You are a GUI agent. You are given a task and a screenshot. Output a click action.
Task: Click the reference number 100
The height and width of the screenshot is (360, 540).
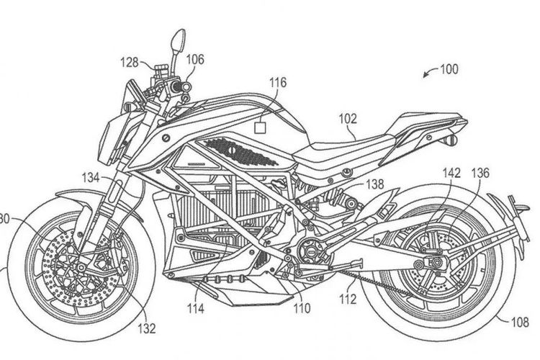tap(449, 70)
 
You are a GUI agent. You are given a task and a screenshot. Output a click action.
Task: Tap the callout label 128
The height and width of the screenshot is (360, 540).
tap(130, 63)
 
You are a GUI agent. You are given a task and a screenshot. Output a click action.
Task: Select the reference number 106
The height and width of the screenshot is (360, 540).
tap(196, 61)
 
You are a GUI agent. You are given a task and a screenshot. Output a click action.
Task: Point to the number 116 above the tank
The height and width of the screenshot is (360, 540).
tap(279, 84)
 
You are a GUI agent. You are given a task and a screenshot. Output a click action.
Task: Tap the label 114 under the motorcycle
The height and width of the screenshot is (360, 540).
tap(196, 309)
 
